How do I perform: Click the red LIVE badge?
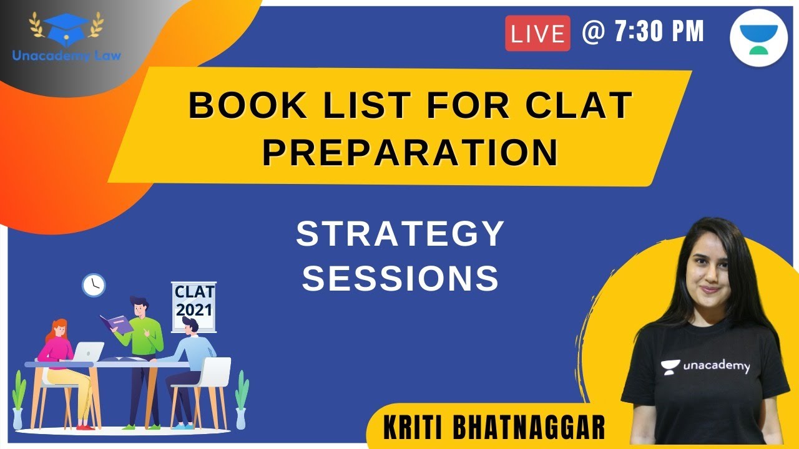pos(537,33)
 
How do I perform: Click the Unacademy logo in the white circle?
pos(758,35)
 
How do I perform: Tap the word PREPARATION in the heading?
pos(409,153)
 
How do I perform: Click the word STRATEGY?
pos(400,234)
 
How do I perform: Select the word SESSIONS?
pos(400,278)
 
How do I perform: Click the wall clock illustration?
pos(94,285)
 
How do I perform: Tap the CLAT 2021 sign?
pos(194,301)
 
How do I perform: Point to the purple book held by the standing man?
pos(116,323)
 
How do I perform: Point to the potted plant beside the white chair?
pos(241,399)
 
